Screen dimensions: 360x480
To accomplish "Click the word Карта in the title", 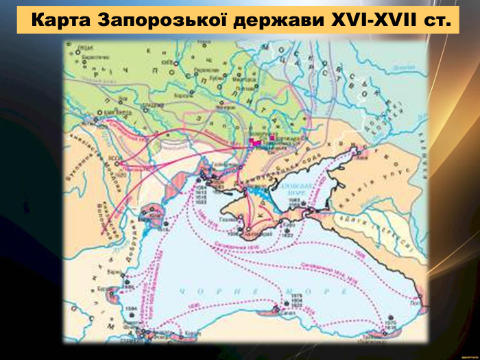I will coord(61,20).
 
